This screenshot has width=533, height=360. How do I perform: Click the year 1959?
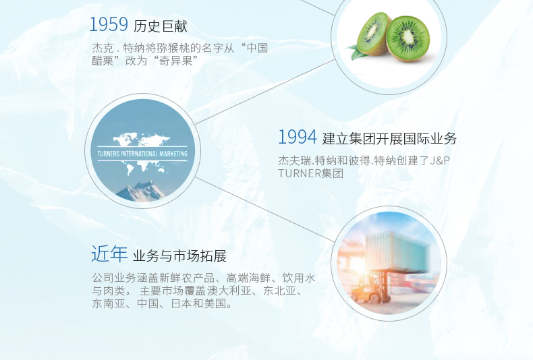109,24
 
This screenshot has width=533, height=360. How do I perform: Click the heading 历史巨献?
160,26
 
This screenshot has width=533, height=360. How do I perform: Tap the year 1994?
298,137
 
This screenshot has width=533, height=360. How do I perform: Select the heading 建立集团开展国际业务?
389,139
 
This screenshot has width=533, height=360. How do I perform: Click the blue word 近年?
109,253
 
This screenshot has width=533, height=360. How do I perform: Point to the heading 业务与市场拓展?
179,256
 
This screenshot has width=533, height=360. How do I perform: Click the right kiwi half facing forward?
408,38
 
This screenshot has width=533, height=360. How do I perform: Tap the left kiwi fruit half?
374,33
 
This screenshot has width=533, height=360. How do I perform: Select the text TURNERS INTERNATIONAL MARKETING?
142,154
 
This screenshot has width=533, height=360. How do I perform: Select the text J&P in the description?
440,160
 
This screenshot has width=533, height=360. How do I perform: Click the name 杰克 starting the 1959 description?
103,49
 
